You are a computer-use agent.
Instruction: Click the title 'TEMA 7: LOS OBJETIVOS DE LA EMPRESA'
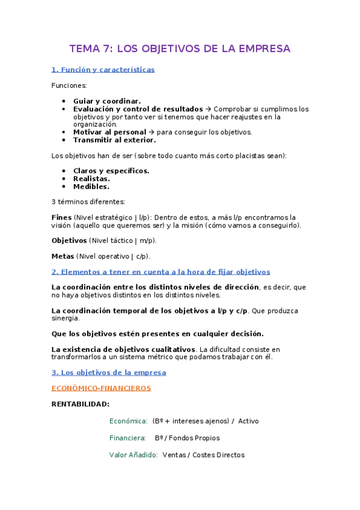(180, 48)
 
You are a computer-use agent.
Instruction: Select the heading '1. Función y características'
(103, 70)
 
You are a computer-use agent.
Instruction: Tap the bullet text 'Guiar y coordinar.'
(107, 101)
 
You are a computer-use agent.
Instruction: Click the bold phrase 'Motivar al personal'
(109, 132)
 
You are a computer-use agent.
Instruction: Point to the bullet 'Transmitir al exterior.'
(114, 140)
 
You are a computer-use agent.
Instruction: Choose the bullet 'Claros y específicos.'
(111, 171)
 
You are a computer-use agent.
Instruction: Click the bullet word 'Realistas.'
(91, 179)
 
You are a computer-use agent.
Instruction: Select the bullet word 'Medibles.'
(91, 186)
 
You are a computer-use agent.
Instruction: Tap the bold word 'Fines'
(61, 217)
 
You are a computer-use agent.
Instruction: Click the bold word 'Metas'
(63, 256)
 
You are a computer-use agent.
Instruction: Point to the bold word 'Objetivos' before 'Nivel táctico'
(69, 241)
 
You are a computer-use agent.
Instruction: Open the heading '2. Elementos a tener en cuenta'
(160, 272)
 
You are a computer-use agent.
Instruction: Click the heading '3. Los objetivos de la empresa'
(108, 372)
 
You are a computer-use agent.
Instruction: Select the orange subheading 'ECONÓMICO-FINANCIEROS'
(101, 388)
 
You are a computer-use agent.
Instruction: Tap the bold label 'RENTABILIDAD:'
(81, 404)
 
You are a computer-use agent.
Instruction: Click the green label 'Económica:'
(128, 421)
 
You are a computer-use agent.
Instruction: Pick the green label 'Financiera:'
(127, 438)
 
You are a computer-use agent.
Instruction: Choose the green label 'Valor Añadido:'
(133, 455)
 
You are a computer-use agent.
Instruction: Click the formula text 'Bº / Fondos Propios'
(187, 438)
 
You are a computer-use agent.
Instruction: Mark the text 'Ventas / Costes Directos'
(203, 455)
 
